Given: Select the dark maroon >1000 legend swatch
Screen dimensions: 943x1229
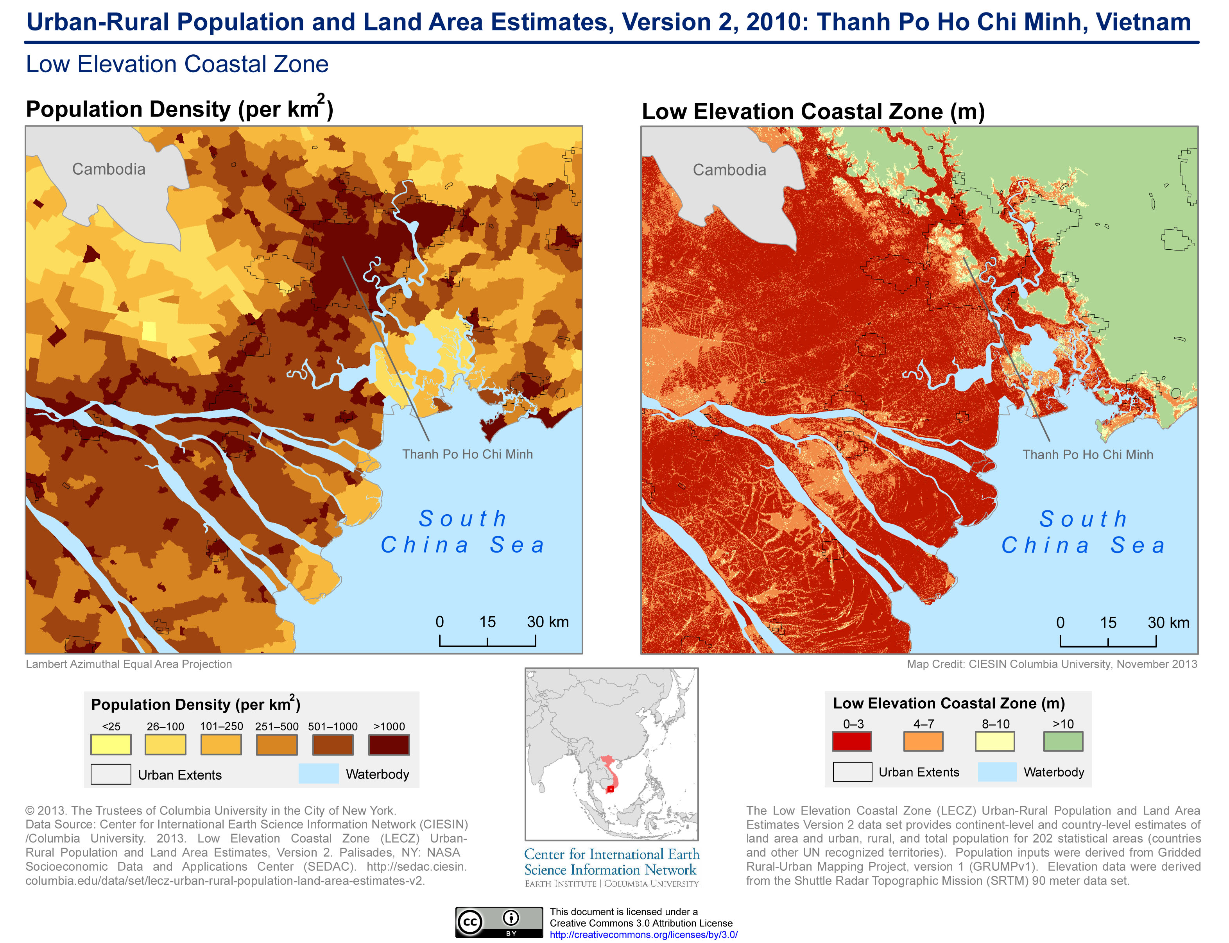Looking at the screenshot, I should click(389, 744).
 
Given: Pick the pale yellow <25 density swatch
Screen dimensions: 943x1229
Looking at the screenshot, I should click(111, 744).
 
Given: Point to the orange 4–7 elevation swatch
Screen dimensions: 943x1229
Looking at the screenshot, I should click(923, 741).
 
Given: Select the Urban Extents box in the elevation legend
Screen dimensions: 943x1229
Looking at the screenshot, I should click(852, 772).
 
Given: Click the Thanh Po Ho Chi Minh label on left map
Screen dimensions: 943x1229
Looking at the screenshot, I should click(467, 454).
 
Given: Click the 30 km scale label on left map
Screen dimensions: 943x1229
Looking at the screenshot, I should click(547, 622).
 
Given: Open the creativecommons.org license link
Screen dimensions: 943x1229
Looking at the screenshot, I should click(643, 934).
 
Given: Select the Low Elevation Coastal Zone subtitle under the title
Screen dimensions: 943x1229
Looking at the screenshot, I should click(177, 64).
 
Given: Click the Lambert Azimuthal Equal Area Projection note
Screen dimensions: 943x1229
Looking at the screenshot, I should click(129, 664).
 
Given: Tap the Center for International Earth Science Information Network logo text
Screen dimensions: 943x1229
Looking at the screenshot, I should click(611, 862).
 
